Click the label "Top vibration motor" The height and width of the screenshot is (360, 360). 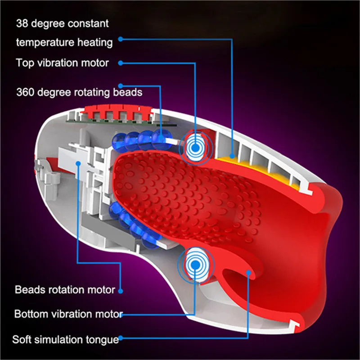click(x=62, y=63)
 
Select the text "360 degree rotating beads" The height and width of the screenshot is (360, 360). click(x=80, y=92)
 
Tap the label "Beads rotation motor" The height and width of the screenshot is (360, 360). click(x=65, y=290)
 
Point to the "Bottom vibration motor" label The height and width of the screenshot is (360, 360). click(x=68, y=314)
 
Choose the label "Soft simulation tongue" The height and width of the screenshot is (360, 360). click(x=66, y=339)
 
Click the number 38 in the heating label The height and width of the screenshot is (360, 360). click(x=22, y=23)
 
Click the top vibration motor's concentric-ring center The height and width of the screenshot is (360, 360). click(x=196, y=148)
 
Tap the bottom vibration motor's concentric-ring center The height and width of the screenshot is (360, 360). click(x=195, y=265)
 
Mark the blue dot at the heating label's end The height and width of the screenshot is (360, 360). click(x=121, y=39)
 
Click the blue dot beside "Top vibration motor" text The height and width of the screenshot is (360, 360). click(x=121, y=63)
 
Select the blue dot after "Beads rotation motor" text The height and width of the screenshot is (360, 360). click(x=121, y=291)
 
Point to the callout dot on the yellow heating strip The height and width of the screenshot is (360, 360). click(x=232, y=156)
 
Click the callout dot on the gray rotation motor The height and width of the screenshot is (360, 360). click(x=78, y=163)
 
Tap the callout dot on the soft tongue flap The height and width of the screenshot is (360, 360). click(x=248, y=273)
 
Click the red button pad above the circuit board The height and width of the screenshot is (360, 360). click(x=118, y=112)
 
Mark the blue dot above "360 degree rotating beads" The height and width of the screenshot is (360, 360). click(x=121, y=86)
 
